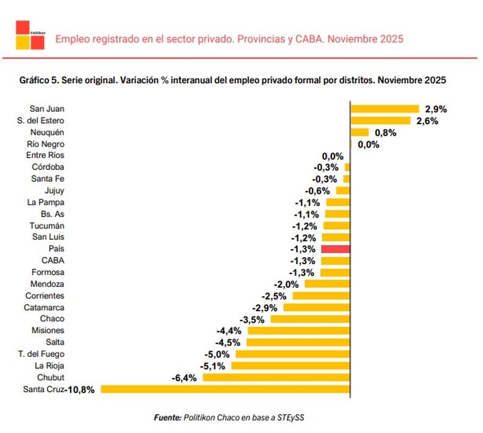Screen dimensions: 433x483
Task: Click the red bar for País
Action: click(x=335, y=249)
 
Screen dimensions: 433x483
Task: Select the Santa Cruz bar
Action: click(x=225, y=389)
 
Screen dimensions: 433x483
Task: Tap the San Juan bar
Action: click(x=385, y=109)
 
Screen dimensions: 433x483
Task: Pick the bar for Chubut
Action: click(x=276, y=377)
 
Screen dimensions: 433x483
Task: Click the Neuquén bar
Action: click(x=359, y=132)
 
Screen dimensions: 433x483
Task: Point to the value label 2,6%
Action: click(x=427, y=121)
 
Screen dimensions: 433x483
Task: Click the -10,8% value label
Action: click(x=81, y=390)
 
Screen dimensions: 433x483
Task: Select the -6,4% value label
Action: click(x=184, y=378)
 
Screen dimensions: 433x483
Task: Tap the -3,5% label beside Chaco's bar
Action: click(x=252, y=319)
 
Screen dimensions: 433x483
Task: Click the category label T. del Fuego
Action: click(x=42, y=353)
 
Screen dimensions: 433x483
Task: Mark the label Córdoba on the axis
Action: click(x=48, y=167)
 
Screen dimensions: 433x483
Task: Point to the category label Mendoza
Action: click(x=47, y=284)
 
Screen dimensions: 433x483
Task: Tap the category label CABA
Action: click(x=53, y=261)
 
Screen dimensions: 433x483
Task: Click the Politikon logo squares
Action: click(x=30, y=34)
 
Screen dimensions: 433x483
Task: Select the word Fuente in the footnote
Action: click(x=167, y=417)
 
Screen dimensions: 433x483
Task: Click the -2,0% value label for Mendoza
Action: click(x=286, y=284)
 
